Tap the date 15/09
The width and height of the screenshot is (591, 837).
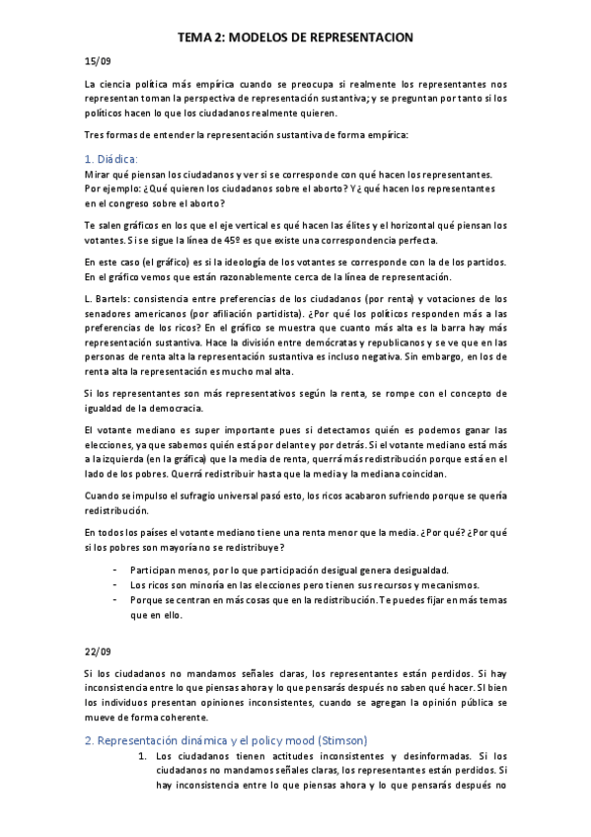coord(97,61)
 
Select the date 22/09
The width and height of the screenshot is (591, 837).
coord(97,651)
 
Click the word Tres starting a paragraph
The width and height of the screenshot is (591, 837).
coord(96,133)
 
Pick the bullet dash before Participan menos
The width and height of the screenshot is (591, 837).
coord(116,570)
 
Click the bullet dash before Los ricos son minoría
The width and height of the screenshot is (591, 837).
coord(116,584)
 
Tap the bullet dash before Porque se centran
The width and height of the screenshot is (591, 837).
coord(116,599)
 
